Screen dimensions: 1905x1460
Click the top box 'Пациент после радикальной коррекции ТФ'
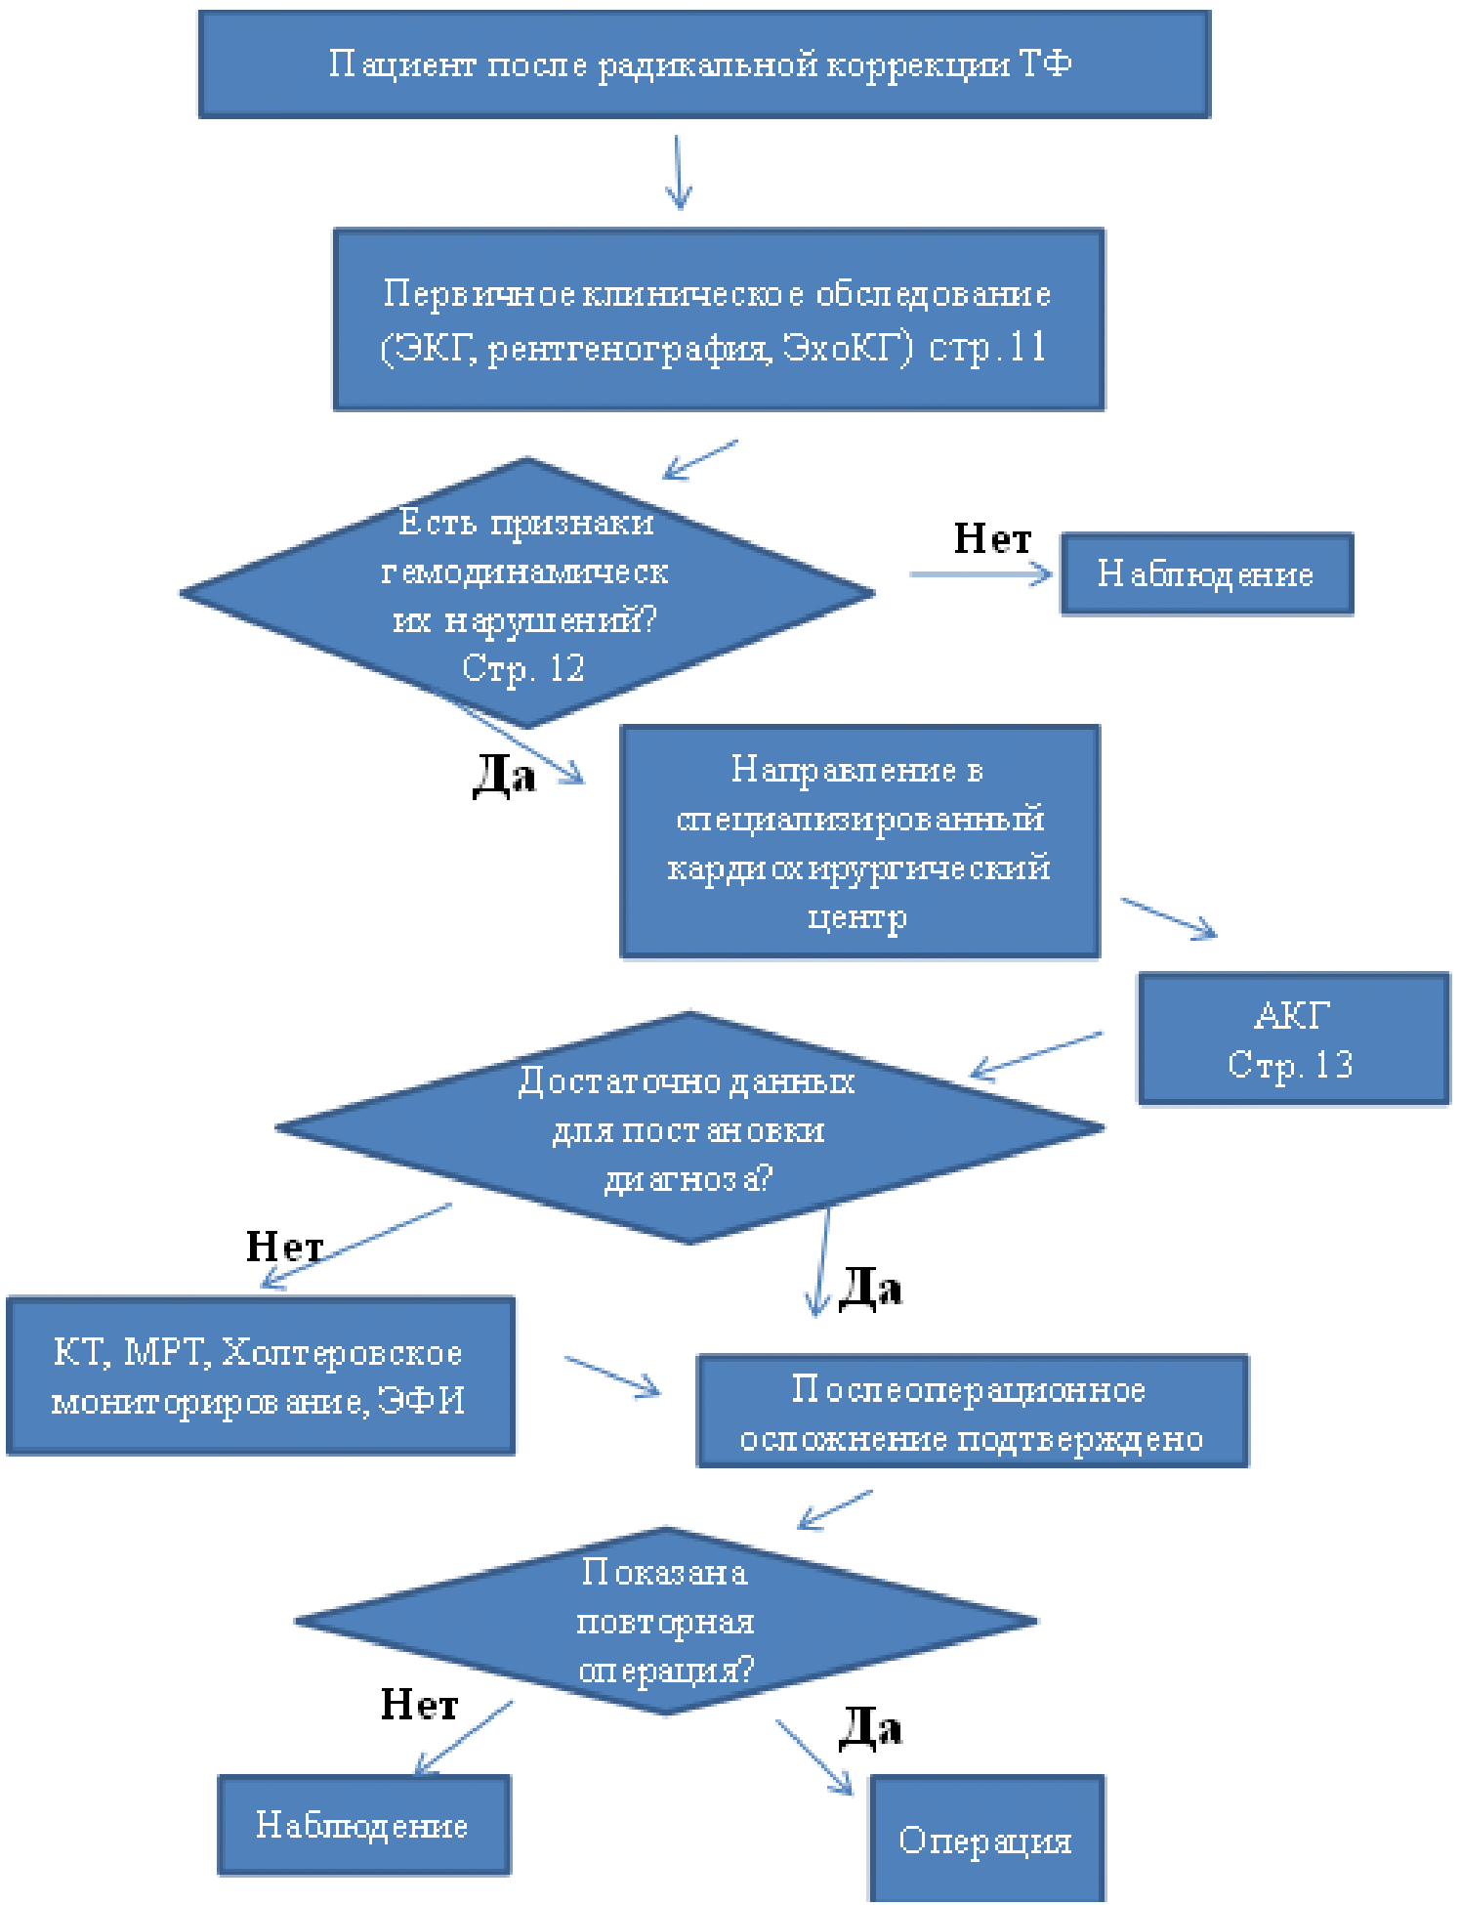click(x=704, y=64)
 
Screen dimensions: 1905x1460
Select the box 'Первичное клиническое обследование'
click(x=719, y=319)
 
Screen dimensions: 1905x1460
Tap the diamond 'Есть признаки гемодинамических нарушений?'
click(x=526, y=593)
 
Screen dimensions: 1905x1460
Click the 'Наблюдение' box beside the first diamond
click(x=1206, y=573)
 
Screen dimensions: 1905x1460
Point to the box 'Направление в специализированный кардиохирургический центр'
click(x=859, y=841)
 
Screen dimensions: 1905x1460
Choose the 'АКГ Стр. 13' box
click(x=1293, y=1038)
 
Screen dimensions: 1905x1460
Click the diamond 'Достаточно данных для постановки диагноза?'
click(x=689, y=1128)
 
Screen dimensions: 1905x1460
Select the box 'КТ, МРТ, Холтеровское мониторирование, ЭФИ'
click(x=260, y=1376)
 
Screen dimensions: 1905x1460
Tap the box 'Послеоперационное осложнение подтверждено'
click(x=972, y=1412)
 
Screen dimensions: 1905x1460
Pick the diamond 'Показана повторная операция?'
click(x=666, y=1622)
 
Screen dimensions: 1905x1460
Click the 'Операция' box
click(x=986, y=1840)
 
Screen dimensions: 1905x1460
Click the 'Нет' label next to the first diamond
click(x=992, y=538)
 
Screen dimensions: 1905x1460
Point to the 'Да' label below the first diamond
click(x=504, y=777)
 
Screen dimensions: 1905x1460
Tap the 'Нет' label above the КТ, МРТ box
click(x=283, y=1247)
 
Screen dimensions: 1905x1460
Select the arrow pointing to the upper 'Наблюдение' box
click(x=980, y=574)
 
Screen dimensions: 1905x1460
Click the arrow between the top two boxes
click(x=679, y=172)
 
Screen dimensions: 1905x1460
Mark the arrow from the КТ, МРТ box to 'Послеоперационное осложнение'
click(x=612, y=1376)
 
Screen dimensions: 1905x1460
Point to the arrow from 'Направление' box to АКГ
click(x=1168, y=918)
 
